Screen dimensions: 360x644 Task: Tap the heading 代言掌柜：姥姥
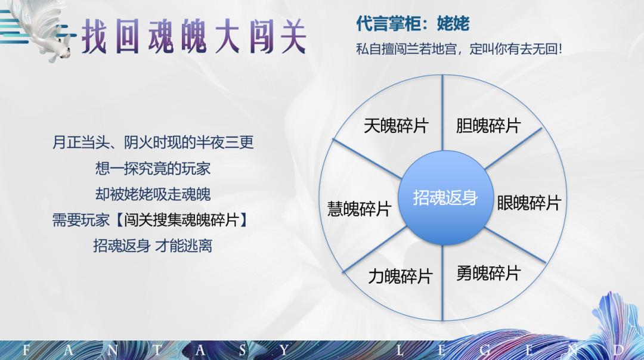(413, 23)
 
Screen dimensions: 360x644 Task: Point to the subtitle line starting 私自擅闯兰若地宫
(459, 49)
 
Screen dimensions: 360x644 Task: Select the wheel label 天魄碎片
(396, 126)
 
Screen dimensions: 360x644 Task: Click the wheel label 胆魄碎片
(488, 126)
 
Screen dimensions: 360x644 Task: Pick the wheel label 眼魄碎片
(528, 203)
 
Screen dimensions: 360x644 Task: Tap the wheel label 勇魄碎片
(488, 273)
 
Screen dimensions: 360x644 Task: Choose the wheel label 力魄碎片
(400, 276)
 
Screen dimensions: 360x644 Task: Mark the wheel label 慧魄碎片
(359, 209)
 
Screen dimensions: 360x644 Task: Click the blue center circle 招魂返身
(445, 198)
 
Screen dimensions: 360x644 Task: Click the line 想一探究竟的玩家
(153, 168)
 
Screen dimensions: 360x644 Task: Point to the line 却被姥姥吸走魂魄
(153, 194)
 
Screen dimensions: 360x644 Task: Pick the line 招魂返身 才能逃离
(153, 245)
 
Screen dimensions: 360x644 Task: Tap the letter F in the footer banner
(26, 350)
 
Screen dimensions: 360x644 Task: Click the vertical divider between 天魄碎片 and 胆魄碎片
(442, 113)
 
